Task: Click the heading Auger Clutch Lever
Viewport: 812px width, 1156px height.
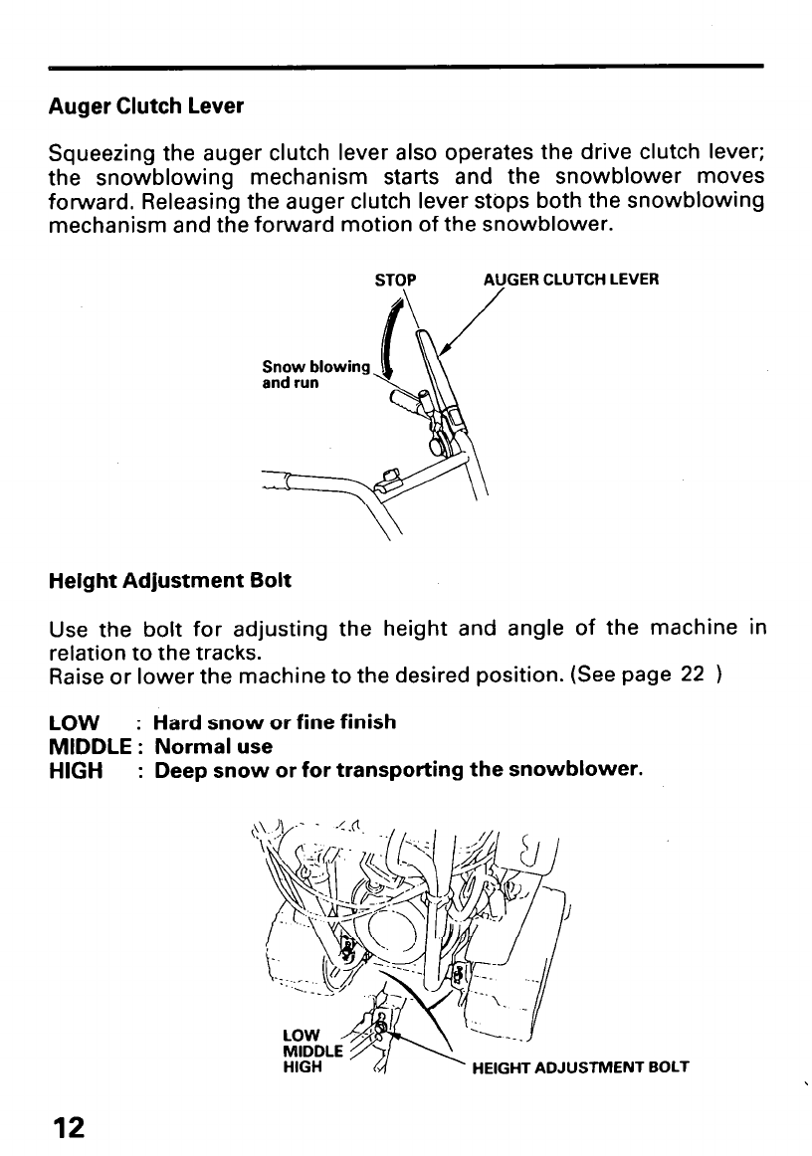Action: pyautogui.click(x=146, y=104)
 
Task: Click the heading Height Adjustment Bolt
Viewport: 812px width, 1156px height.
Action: pyautogui.click(x=169, y=580)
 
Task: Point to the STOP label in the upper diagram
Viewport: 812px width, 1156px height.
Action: pyautogui.click(x=395, y=280)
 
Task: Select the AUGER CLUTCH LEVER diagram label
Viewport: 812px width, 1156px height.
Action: pyautogui.click(x=570, y=280)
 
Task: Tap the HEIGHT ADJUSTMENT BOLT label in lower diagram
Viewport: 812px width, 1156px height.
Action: pyautogui.click(x=580, y=1069)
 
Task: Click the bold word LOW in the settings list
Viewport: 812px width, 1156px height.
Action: pyautogui.click(x=73, y=722)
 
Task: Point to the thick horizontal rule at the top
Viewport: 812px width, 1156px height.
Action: pyautogui.click(x=406, y=67)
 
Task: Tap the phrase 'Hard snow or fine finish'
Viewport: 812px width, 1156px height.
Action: pyautogui.click(x=275, y=722)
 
